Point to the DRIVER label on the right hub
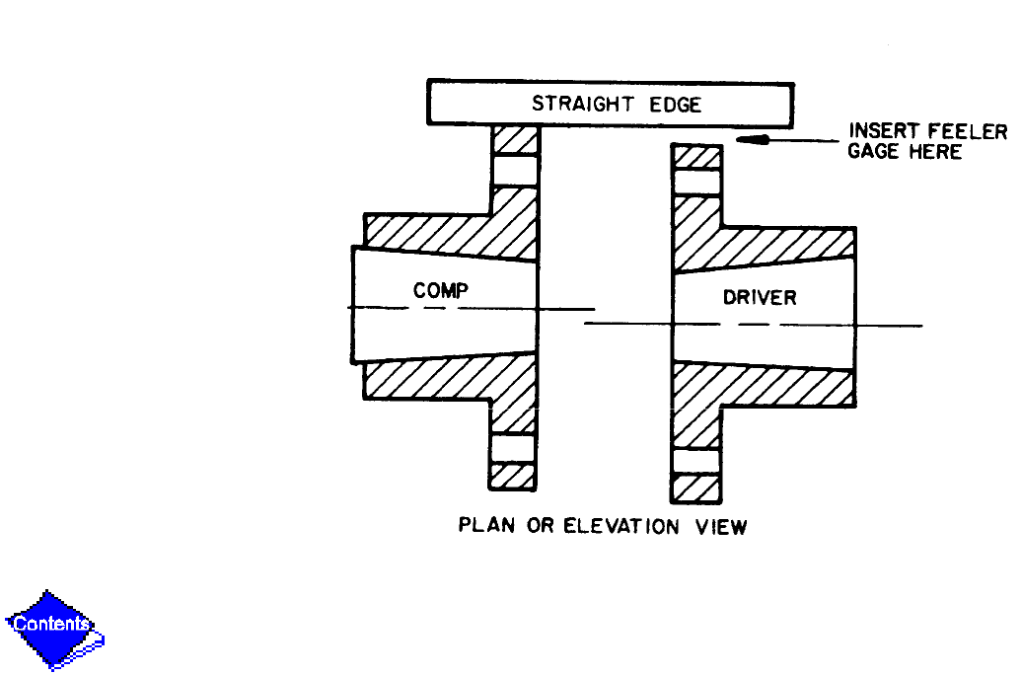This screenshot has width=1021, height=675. click(x=760, y=296)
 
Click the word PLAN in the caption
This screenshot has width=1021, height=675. click(x=487, y=526)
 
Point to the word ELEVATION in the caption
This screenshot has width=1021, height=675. click(x=620, y=526)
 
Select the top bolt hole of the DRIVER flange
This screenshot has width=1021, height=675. click(x=696, y=182)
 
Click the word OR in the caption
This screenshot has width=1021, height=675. click(x=541, y=526)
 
